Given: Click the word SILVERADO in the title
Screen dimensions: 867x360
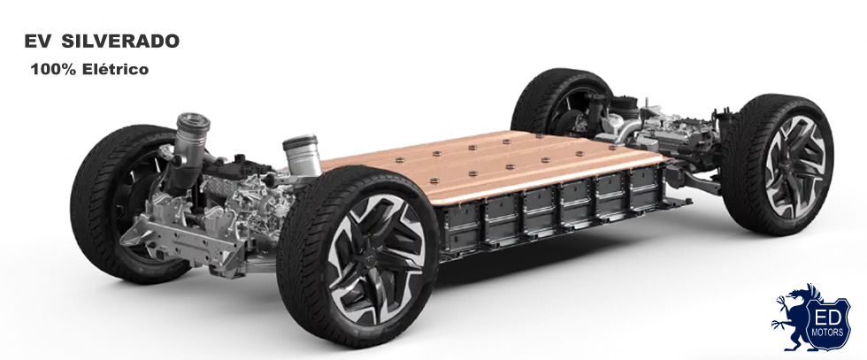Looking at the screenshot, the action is tap(120, 42).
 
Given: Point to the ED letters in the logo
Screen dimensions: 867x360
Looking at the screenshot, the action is tap(829, 318).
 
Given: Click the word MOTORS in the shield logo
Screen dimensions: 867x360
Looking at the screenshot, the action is tap(829, 333).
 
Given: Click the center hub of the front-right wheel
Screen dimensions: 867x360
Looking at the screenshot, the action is tap(371, 259).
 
